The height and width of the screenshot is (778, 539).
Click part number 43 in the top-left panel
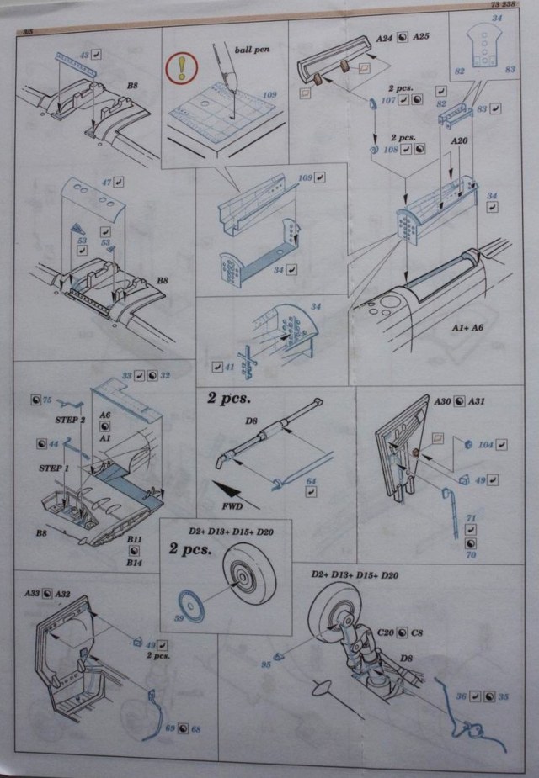click(83, 54)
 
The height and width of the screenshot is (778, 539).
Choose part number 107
click(388, 101)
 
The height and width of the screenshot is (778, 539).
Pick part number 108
click(388, 150)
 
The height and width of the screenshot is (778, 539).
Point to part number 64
click(311, 481)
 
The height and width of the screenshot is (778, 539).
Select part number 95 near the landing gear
click(266, 664)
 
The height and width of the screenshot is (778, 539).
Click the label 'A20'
click(459, 141)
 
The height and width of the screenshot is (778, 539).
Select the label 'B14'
click(133, 561)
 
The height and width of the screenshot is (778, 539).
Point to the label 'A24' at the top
click(385, 38)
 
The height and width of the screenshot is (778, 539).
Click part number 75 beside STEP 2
click(47, 400)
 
